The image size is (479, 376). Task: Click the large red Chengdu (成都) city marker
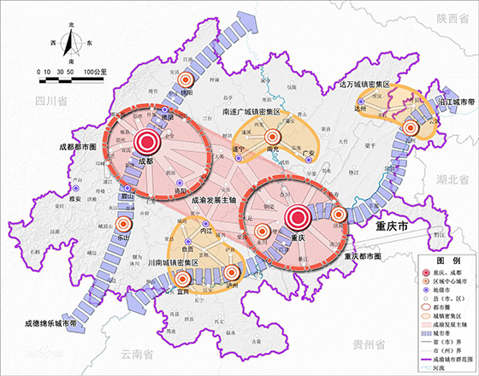(146, 143)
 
